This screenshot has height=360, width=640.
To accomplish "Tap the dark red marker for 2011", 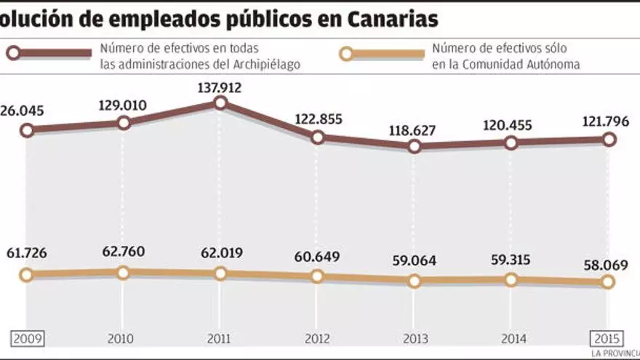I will (220, 104).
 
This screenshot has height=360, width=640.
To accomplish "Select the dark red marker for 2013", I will (415, 146).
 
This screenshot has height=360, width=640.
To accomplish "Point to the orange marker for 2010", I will (123, 273).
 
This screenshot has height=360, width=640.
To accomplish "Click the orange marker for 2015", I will (608, 282).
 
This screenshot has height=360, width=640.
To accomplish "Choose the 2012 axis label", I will (317, 338).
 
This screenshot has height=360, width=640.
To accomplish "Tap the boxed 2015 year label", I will (607, 338).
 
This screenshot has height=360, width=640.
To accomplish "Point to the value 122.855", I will (317, 119).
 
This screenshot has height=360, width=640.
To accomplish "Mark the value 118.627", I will (414, 130).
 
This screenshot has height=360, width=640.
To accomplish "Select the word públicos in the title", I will (266, 19).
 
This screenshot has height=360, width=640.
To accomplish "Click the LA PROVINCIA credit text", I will (615, 354).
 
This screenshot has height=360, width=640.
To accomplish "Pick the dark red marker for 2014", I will (511, 143).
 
